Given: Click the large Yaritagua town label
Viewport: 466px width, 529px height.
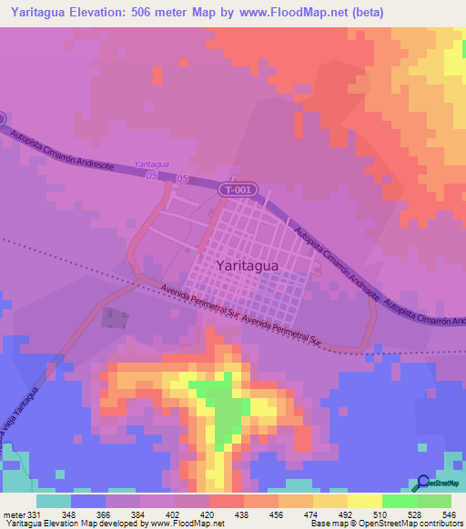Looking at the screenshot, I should (x=253, y=265).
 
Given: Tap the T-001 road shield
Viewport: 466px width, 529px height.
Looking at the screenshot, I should (x=236, y=189).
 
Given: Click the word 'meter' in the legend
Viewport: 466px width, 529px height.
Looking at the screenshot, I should (x=14, y=515).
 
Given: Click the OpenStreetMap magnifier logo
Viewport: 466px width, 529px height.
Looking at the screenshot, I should (x=423, y=484).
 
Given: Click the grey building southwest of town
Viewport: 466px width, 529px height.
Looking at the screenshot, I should (x=116, y=319).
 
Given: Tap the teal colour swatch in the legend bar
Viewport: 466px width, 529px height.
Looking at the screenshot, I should (x=54, y=501).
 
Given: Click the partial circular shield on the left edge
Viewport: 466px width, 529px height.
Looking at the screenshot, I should (x=2, y=119).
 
